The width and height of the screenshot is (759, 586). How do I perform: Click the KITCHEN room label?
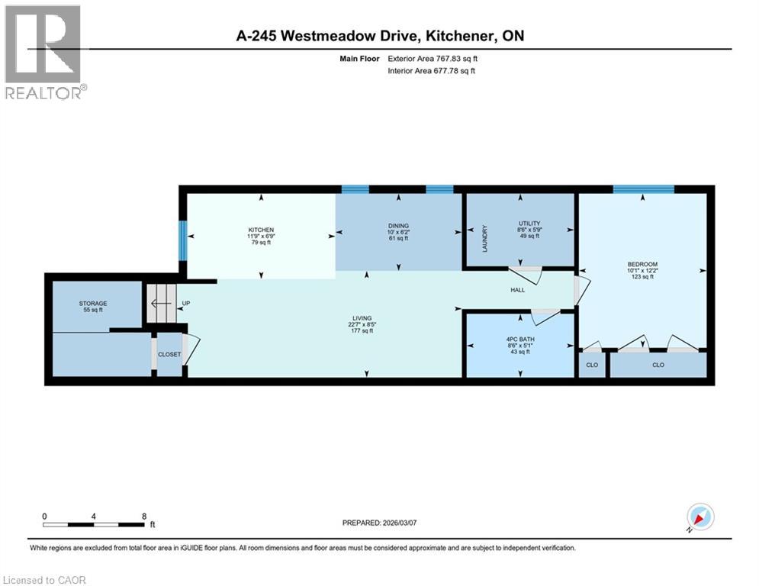coord(261,230)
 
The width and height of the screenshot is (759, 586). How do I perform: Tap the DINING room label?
coord(398,226)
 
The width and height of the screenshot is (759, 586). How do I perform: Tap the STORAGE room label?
coord(93,304)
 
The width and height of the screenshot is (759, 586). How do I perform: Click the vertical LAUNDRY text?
coord(484,239)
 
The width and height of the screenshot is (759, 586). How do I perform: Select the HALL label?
coord(518,291)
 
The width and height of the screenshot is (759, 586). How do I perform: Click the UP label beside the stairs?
coord(185,304)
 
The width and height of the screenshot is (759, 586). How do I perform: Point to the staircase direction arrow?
coord(161,304)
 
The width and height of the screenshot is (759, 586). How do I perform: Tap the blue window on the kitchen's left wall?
coord(182,240)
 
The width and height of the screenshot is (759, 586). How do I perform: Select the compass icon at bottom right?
coord(700,517)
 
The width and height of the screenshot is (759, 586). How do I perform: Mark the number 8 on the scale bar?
coord(144,517)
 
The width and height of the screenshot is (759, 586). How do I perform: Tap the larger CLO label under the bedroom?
coord(658,365)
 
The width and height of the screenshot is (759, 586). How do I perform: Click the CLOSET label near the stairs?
coord(169,354)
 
